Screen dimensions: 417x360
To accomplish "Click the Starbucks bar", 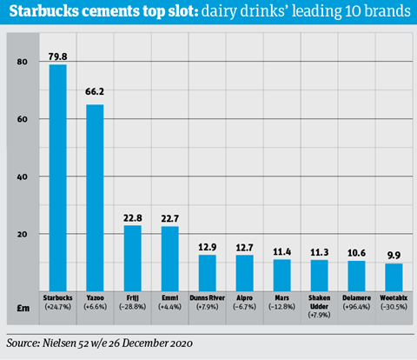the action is tap(58, 177).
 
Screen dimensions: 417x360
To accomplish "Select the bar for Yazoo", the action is tap(95, 197).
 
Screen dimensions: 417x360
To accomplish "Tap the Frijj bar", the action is tap(133, 258).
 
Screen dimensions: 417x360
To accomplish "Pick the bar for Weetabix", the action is tap(394, 277).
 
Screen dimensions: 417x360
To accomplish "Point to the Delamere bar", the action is tap(356, 276).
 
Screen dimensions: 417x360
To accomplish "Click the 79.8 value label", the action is tap(58, 57).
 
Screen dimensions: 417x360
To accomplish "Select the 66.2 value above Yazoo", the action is tap(95, 91).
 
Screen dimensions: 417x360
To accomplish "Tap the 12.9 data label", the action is tap(208, 247).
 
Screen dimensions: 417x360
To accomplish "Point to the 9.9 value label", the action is tap(394, 256).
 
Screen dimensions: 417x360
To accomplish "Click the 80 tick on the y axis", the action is tap(23, 62).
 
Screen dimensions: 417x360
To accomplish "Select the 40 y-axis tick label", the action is tap(23, 177).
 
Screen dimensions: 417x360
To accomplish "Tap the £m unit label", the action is tap(23, 308).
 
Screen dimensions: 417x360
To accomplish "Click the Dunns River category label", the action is tap(208, 298).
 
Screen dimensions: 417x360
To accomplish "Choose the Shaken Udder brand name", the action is tap(320, 302).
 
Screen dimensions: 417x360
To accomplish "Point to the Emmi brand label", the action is tap(170, 298).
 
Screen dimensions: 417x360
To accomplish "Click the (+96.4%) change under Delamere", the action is tap(356, 307).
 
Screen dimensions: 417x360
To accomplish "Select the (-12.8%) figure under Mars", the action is tap(281, 307).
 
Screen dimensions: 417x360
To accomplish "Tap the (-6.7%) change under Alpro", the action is tap(245, 307).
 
